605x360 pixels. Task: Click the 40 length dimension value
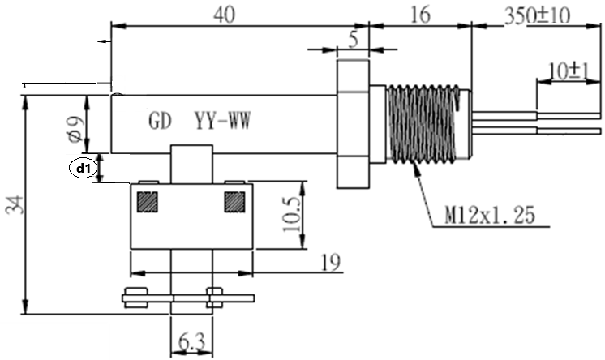tap(224, 15)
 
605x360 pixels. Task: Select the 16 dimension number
tap(420, 15)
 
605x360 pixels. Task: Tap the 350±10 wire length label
tap(537, 16)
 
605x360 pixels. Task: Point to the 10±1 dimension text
tap(569, 71)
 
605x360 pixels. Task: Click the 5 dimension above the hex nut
tap(354, 40)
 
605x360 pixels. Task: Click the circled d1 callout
tap(84, 168)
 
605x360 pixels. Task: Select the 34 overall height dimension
tap(15, 204)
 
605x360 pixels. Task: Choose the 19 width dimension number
tap(331, 263)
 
